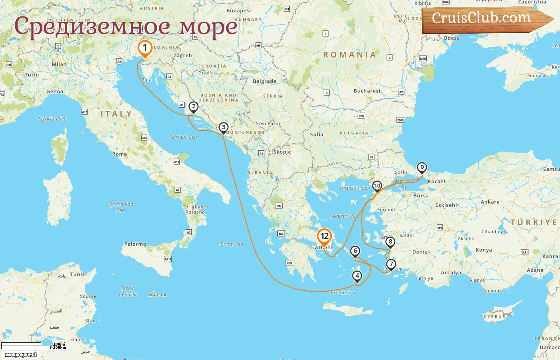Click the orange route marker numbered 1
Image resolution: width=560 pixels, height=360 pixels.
click(145, 48)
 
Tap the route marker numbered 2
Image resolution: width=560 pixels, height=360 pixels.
click(194, 107)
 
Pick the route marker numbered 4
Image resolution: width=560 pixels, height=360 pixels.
click(357, 276)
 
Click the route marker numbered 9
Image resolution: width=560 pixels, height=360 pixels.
click(422, 168)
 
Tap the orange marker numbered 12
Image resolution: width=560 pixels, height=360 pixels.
click(324, 236)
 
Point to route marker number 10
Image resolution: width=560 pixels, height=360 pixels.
click(377, 186)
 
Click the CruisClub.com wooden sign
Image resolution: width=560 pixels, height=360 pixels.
click(484, 19)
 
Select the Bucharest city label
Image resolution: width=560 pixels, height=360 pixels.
click(367, 91)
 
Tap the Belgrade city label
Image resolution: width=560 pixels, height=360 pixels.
click(264, 81)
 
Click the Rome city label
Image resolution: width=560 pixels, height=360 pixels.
click(120, 154)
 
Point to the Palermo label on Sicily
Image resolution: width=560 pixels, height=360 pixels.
click(135, 244)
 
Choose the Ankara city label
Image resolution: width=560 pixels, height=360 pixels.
click(490, 202)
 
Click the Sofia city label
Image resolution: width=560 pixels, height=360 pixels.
click(316, 134)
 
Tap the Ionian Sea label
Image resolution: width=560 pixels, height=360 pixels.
click(231, 244)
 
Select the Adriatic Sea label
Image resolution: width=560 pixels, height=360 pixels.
click(183, 137)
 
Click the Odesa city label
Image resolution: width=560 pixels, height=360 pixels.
click(451, 38)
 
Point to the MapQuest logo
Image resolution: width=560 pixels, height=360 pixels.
click(21, 355)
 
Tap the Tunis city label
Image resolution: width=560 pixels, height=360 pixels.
click(77, 274)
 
